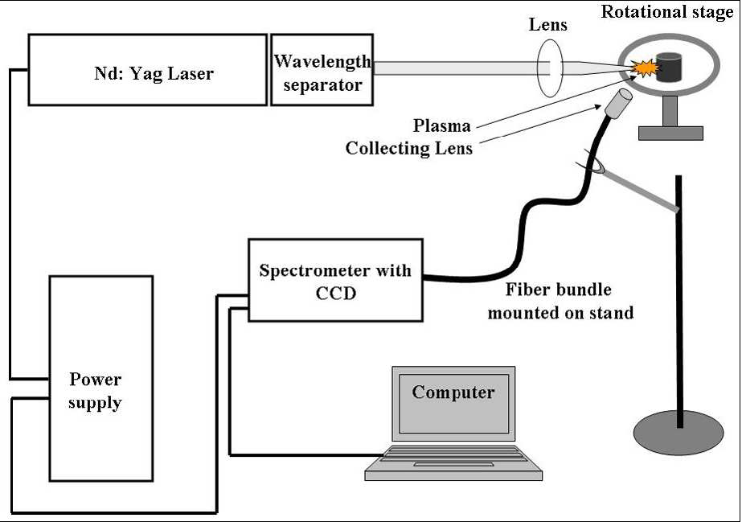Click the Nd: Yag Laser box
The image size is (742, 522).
point(148,70)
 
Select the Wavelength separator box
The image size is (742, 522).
point(322,70)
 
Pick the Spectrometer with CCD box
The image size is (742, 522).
point(335,280)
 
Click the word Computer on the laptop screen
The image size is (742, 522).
point(453,393)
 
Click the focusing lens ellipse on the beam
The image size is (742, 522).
point(549,68)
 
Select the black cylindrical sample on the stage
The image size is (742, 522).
point(666,68)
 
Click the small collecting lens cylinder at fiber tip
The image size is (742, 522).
point(617,104)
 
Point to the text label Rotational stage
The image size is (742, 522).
point(667,12)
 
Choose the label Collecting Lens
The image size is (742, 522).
point(409,148)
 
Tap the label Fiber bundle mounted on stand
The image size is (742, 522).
point(560,301)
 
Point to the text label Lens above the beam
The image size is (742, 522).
point(547,25)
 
